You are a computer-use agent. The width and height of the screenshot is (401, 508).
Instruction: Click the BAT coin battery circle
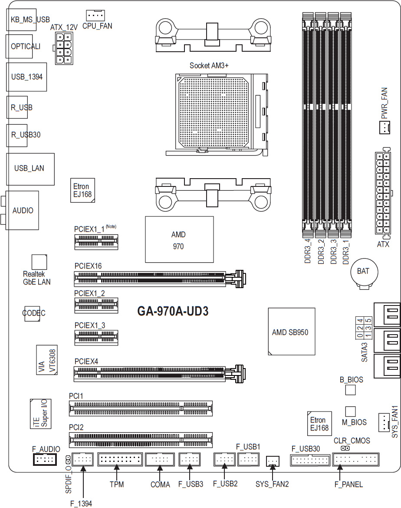[x=365, y=272]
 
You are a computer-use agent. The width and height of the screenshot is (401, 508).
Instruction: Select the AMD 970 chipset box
[x=179, y=239]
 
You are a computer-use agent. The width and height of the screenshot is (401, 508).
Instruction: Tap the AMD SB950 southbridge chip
[x=292, y=332]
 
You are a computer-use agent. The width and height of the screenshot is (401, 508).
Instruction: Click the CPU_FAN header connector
[x=95, y=15]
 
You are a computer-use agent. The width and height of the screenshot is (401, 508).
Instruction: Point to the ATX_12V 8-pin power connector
[x=64, y=48]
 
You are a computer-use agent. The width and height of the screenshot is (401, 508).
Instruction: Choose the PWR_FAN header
[x=385, y=127]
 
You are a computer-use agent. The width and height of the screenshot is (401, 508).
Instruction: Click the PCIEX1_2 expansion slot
[x=96, y=305]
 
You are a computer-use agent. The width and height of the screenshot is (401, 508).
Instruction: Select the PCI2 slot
[x=141, y=440]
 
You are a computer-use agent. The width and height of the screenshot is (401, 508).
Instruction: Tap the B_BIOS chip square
[x=350, y=390]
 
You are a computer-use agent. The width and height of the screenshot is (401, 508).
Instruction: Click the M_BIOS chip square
[x=350, y=412]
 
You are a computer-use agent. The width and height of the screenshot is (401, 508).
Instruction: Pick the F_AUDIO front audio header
[x=45, y=459]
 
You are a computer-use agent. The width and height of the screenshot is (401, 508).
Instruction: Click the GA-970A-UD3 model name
[x=173, y=311]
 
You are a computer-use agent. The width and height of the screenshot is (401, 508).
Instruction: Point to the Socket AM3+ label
[x=209, y=66]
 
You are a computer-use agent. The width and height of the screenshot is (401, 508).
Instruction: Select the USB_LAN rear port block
[x=30, y=169]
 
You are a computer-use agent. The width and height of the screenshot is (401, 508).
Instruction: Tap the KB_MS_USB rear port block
[x=21, y=20]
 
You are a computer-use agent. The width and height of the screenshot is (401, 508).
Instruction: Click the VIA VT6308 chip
[x=47, y=360]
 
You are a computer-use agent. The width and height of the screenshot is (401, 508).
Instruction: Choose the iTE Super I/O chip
[x=40, y=414]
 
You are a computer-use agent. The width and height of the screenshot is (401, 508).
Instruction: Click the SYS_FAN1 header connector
[x=384, y=422]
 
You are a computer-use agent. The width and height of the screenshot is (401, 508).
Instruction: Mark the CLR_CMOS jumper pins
[x=345, y=448]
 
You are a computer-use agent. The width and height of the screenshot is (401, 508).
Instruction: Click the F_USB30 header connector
[x=310, y=460]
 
